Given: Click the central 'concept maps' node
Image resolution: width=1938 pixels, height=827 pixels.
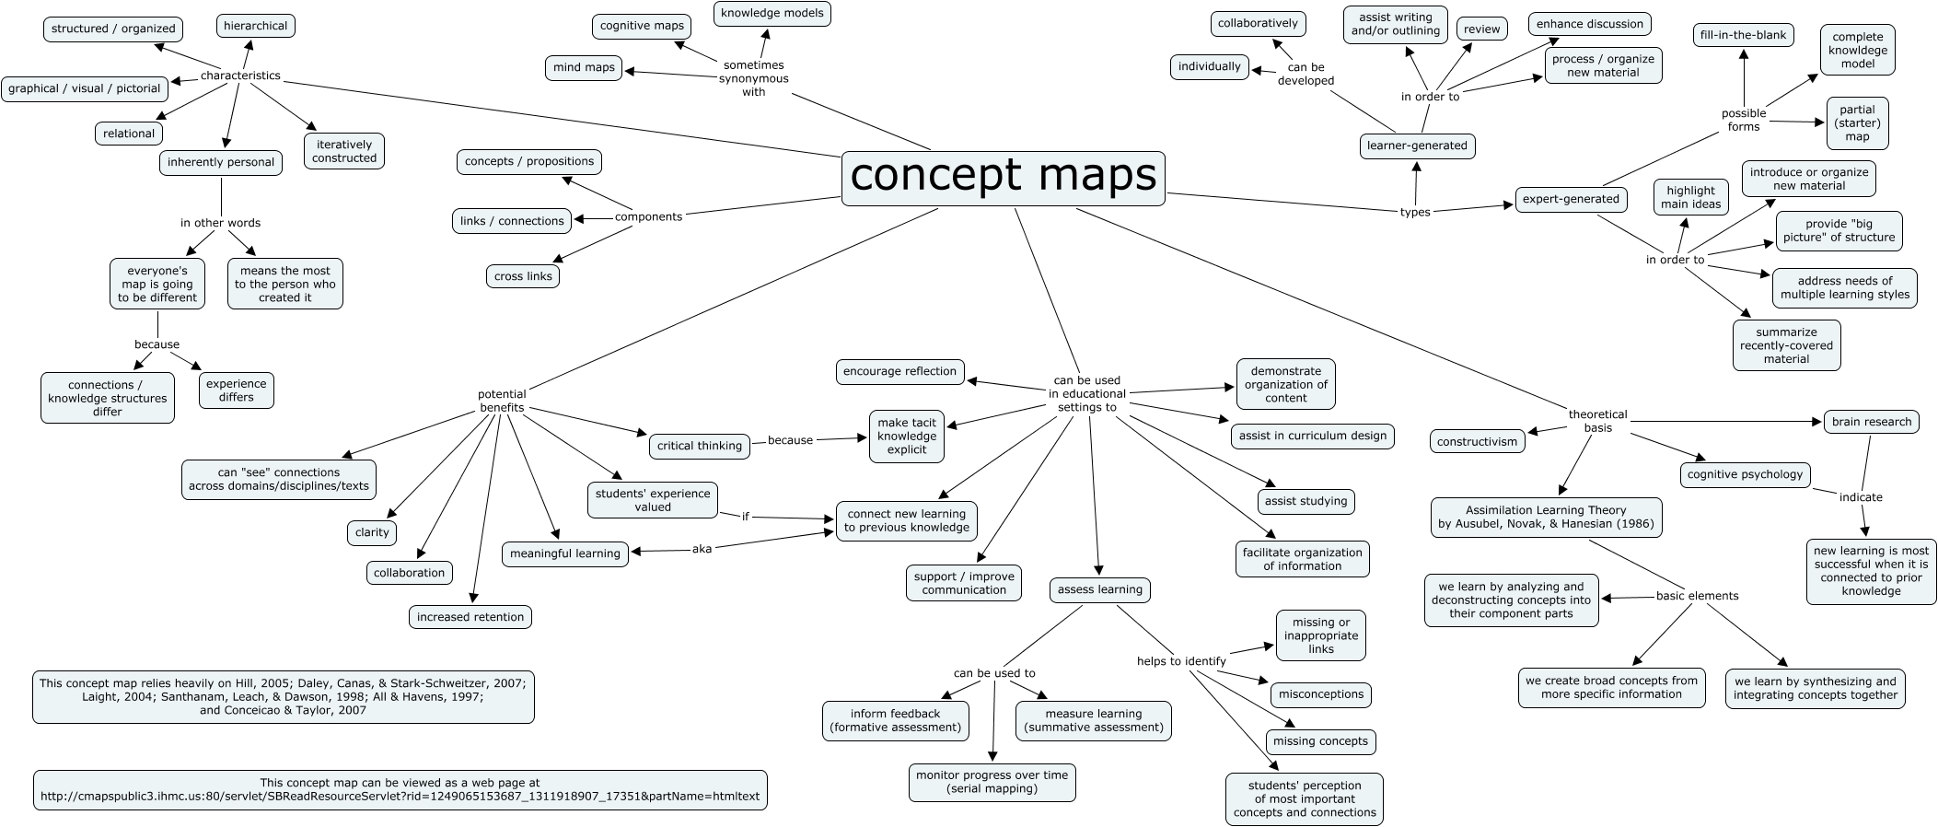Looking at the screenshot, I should (1003, 178).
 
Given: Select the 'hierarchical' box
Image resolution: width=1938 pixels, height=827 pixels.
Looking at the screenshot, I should (255, 26).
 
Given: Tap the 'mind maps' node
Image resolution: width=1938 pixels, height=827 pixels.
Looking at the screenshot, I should (584, 67).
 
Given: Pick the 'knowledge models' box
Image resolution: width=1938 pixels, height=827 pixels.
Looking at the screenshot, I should (772, 13).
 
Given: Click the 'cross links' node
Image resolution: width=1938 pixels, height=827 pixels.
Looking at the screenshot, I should (522, 276).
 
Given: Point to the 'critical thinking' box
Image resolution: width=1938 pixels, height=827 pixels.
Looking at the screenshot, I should (700, 446).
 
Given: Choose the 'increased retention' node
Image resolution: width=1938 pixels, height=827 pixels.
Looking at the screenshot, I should (470, 617).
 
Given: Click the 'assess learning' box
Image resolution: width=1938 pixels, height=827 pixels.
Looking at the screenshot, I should (1099, 589).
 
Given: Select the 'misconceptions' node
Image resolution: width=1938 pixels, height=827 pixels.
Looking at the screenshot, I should (1321, 694).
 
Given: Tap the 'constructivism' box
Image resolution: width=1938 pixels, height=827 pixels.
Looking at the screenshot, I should (1477, 441).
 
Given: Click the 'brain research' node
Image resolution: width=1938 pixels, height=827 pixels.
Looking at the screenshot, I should (1872, 422).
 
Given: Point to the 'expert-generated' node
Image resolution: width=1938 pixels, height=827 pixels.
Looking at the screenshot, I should (1570, 199).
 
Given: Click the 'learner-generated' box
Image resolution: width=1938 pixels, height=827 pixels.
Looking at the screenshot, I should (1417, 146).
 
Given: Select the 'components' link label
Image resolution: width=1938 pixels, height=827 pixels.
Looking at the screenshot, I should (648, 217).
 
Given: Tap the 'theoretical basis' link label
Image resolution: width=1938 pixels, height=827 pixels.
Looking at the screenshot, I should (1597, 421).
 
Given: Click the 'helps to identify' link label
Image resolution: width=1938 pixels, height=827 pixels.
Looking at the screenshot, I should (1181, 661).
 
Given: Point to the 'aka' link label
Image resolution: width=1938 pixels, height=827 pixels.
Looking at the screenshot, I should (702, 549).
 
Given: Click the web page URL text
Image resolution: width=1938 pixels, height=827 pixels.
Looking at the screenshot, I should (400, 796).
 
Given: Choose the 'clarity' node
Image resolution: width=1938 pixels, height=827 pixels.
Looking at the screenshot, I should (372, 532).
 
